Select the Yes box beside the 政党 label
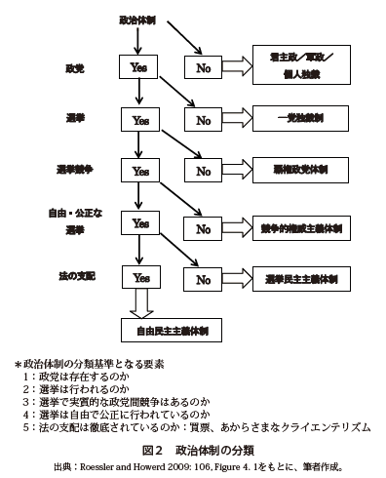tap(139, 67)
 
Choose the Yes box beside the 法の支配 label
tap(139, 277)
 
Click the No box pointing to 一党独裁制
tap(204, 120)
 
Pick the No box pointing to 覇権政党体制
tap(204, 173)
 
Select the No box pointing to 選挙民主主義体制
tap(204, 278)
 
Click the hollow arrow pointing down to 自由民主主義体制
tap(139, 304)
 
